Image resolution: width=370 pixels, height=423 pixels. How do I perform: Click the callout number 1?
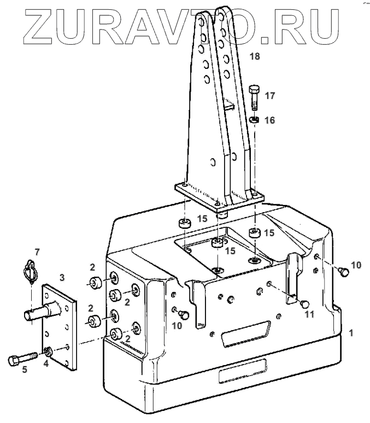[351, 332]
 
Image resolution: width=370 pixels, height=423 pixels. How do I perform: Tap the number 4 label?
[46, 363]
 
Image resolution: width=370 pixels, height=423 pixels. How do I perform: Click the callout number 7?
[37, 252]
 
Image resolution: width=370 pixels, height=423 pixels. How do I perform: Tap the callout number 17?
[269, 96]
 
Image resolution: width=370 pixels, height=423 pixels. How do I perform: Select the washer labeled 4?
[49, 351]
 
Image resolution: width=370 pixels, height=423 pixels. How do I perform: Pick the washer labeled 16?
[255, 119]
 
